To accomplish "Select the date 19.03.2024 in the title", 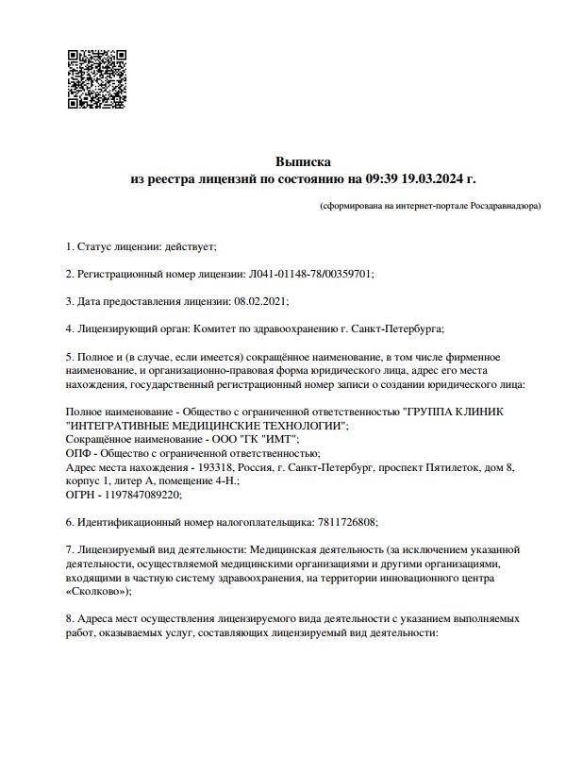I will tap(433, 177).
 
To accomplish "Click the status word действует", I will tap(190, 246).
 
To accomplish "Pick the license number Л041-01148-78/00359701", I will tap(311, 274).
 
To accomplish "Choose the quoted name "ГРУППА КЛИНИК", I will tap(454, 412).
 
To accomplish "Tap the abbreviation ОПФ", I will tap(77, 453).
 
